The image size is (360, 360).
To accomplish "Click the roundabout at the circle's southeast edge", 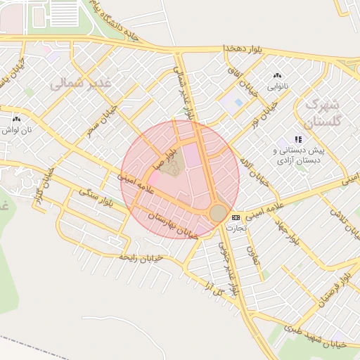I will (219, 212).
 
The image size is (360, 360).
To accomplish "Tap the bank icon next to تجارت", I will (236, 217).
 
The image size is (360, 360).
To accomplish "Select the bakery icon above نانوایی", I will (276, 76).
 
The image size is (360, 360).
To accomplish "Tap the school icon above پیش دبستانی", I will (298, 139).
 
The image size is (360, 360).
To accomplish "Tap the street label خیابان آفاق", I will (240, 82).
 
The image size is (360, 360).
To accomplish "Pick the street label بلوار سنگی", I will (96, 197).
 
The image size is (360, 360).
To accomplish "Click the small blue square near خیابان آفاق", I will (238, 103).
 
